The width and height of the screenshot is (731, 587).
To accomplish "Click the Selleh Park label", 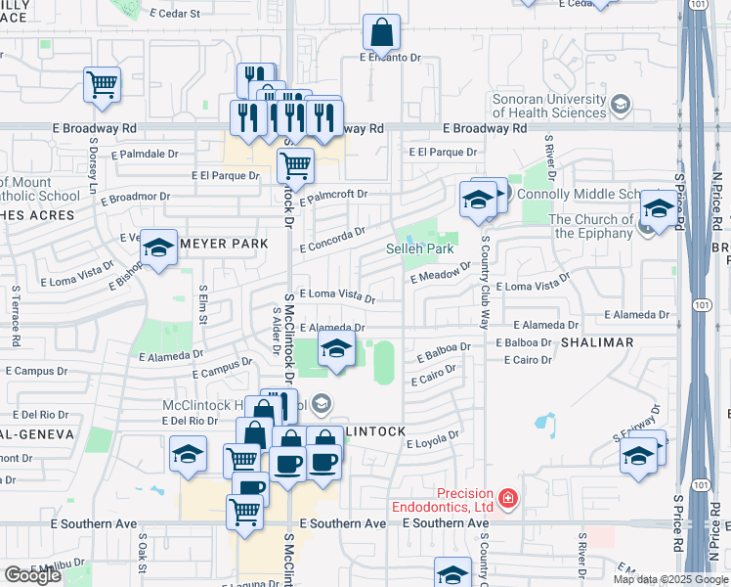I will [x=427, y=249].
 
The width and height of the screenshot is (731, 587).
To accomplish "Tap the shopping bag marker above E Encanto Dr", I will [x=380, y=32].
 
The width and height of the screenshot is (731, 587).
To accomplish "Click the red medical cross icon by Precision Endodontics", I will [x=507, y=500].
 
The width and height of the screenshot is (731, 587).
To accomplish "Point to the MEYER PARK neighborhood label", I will [x=207, y=243].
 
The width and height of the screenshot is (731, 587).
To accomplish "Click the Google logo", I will [x=31, y=575].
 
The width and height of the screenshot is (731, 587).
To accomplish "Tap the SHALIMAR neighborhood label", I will [x=596, y=342].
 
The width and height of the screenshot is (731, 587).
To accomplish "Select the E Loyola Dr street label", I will [x=432, y=442].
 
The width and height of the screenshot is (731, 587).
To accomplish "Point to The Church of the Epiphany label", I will [x=592, y=226].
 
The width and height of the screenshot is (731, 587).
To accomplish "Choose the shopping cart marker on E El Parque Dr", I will [x=295, y=165].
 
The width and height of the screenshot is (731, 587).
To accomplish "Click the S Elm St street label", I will [x=202, y=304].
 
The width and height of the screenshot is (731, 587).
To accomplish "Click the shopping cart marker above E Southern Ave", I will [x=244, y=510].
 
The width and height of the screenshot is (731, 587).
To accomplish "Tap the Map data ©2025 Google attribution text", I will [x=669, y=579].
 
